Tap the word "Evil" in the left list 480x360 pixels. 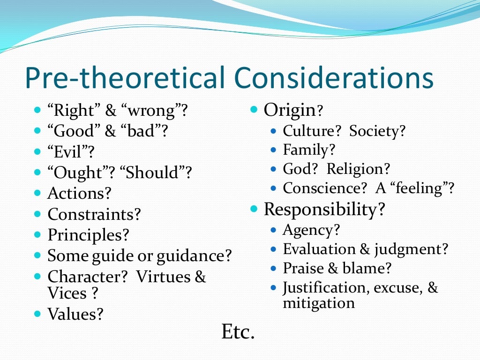pyautogui.click(x=68, y=152)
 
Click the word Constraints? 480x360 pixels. pyautogui.click(x=94, y=215)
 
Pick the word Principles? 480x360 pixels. pyautogui.click(x=88, y=235)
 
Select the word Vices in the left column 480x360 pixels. pyautogui.click(x=67, y=293)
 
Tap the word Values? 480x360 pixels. pyautogui.click(x=75, y=314)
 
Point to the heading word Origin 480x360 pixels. pyautogui.click(x=289, y=110)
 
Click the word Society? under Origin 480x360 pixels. pyautogui.click(x=377, y=131)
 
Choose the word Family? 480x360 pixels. pyautogui.click(x=309, y=150)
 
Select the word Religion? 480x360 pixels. pyautogui.click(x=358, y=169)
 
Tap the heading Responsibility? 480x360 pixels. pyautogui.click(x=324, y=209)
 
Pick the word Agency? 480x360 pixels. pyautogui.click(x=311, y=230)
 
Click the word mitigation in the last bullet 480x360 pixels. pyautogui.click(x=319, y=303)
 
